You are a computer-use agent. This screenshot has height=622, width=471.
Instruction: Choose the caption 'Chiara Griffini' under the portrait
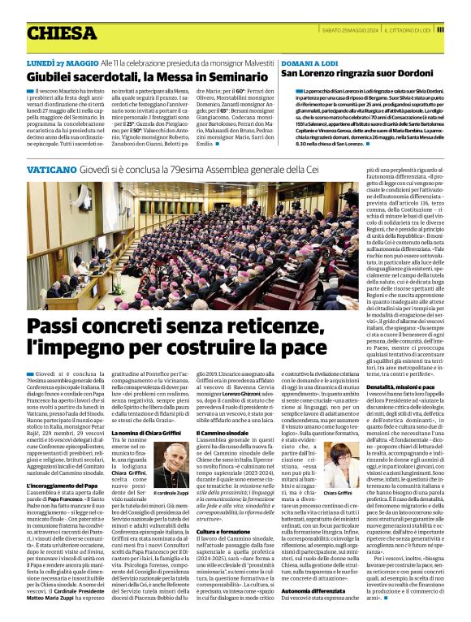339,492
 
